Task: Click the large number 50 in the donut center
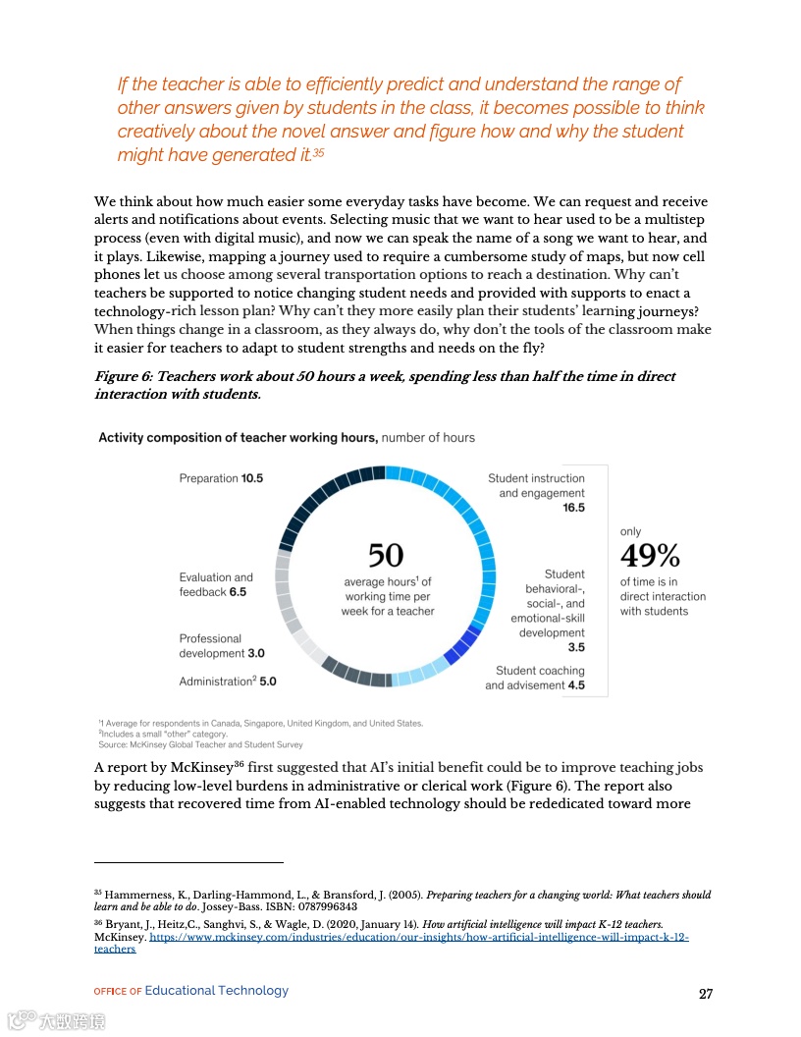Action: [x=386, y=555]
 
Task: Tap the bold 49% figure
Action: [x=650, y=557]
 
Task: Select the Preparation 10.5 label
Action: [x=221, y=478]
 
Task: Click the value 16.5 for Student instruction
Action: [x=573, y=508]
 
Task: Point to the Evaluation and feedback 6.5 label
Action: [x=216, y=585]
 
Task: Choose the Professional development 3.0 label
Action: [x=222, y=646]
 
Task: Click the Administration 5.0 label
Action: [x=228, y=682]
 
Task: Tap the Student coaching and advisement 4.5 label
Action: [x=535, y=679]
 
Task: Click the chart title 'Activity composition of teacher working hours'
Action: [x=238, y=437]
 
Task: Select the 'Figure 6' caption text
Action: [x=384, y=385]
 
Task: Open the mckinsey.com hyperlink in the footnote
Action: [x=418, y=938]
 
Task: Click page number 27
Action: [x=705, y=994]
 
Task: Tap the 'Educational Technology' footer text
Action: [x=216, y=991]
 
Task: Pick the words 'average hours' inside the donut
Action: [x=380, y=582]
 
